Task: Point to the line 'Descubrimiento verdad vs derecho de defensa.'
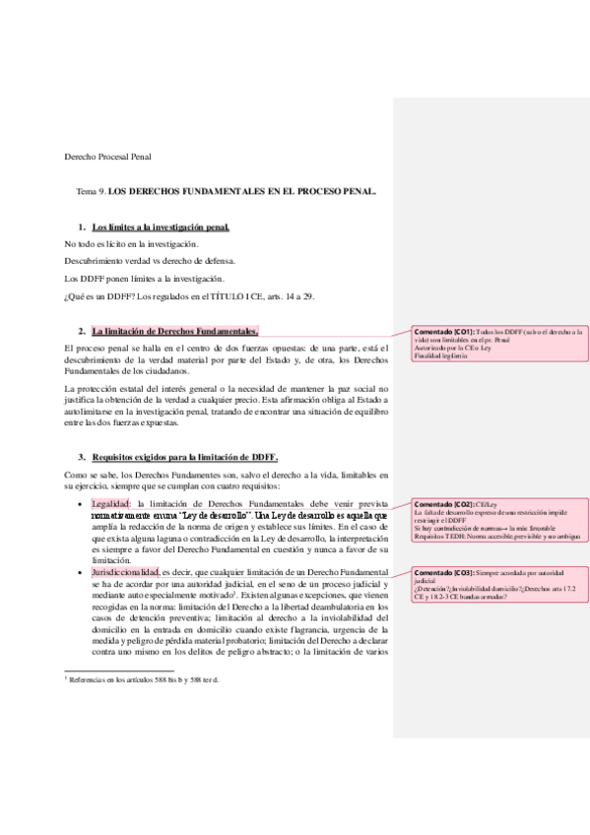[150, 261]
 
